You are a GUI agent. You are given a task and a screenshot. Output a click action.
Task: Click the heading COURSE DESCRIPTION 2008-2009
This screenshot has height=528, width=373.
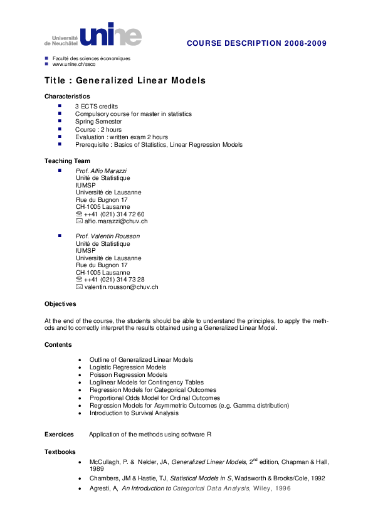pyautogui.click(x=256, y=43)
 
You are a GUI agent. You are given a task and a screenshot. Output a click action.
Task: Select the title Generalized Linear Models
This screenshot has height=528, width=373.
pyautogui.click(x=125, y=82)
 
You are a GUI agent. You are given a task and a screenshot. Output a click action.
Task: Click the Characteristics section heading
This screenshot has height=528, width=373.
pyautogui.click(x=67, y=97)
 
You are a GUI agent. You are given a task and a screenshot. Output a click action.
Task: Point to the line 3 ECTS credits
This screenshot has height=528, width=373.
pyautogui.click(x=97, y=107)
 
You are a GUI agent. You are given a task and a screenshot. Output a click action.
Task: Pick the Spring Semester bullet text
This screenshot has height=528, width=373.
pyautogui.click(x=98, y=122)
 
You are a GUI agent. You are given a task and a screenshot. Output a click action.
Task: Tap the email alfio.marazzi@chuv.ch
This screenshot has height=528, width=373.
pyautogui.click(x=116, y=221)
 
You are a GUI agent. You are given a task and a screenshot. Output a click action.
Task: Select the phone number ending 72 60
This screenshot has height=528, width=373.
pyautogui.click(x=114, y=214)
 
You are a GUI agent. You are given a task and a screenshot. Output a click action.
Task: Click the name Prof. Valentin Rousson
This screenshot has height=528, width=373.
pyautogui.click(x=108, y=236)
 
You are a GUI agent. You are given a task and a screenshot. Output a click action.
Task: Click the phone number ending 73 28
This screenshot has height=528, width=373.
pyautogui.click(x=114, y=279)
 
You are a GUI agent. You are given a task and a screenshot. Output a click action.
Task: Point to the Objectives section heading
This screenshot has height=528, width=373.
pyautogui.click(x=60, y=304)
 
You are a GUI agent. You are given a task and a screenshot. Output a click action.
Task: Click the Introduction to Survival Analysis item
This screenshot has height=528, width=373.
pyautogui.click(x=134, y=413)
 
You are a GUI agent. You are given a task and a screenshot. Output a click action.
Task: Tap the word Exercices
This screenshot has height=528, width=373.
pyautogui.click(x=59, y=434)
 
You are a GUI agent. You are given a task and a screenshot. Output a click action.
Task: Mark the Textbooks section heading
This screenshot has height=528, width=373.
pyautogui.click(x=60, y=451)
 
